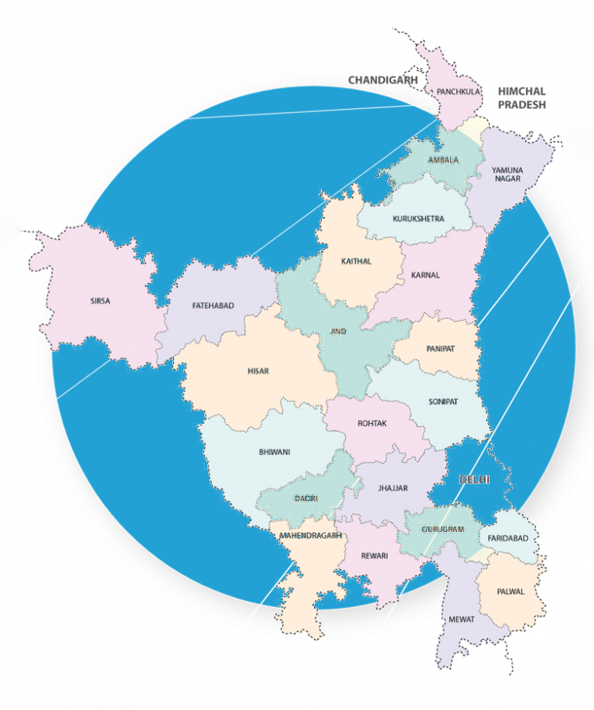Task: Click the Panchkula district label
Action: point(459,91)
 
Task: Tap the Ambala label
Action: point(443,160)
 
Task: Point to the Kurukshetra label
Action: point(418,219)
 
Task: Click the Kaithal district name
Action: point(356,261)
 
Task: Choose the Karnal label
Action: point(425,275)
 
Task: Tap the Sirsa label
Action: point(99,301)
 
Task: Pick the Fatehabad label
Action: point(213,306)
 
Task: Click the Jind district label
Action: point(338,331)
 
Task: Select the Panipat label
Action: point(440,349)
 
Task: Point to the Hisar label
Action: point(258,371)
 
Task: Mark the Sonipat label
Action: point(443,402)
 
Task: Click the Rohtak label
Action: point(372,424)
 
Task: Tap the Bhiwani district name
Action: point(275,452)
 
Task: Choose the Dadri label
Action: point(306,498)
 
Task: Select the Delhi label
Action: point(474,480)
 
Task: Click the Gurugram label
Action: point(442,530)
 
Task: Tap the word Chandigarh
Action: point(383,80)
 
